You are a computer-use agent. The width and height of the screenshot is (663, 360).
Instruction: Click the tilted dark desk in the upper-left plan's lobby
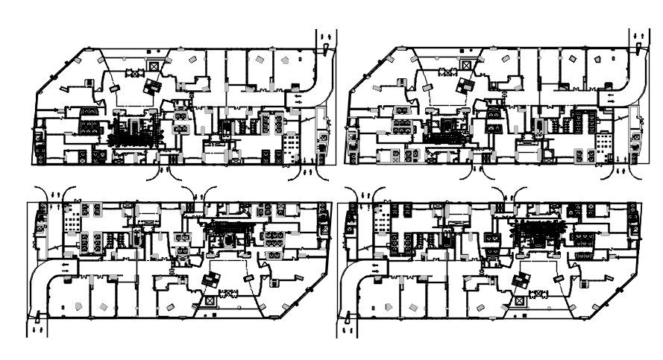(153, 86)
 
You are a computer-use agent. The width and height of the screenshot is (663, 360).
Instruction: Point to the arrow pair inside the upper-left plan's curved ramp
(297, 96)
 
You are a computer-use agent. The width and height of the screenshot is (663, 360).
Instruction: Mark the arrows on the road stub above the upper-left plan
(325, 37)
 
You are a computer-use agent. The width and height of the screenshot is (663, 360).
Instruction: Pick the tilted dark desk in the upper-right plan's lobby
(466, 86)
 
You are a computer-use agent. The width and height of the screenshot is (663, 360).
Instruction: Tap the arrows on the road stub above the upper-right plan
(638, 37)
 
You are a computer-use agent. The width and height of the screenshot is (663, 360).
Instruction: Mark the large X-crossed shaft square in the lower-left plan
(210, 299)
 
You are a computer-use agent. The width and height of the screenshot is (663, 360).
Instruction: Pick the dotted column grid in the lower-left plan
(72, 221)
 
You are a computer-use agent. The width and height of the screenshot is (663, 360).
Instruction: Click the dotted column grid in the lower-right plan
(384, 221)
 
